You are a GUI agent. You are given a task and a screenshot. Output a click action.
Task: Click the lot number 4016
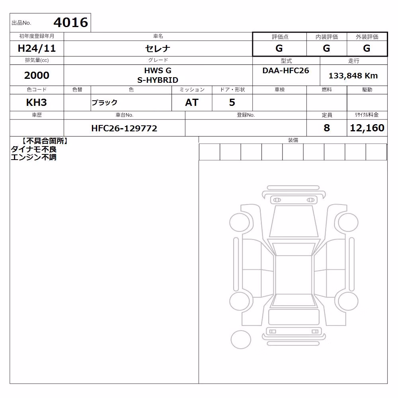tap(71, 22)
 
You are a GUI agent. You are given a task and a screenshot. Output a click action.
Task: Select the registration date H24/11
tap(37, 48)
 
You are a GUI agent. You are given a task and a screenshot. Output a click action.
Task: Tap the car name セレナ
tap(158, 49)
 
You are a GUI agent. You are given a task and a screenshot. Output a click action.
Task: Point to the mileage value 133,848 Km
tap(353, 76)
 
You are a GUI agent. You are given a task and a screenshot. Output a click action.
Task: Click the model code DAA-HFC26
tap(286, 70)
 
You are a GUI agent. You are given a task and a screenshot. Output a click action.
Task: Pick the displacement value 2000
tap(37, 75)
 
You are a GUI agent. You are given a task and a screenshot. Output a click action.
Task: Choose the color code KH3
tap(37, 103)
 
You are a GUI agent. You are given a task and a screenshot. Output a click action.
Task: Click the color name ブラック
tap(104, 103)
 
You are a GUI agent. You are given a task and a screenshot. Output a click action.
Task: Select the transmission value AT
tap(192, 103)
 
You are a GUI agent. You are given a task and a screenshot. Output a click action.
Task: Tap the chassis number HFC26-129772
tap(124, 128)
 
